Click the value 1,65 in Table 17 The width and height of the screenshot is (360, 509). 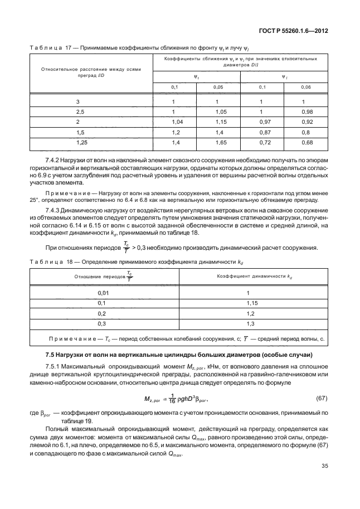221,143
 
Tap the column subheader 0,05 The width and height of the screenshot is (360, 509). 221,88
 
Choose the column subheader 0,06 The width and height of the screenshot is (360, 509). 306,88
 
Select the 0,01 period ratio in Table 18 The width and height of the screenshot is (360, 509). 102,292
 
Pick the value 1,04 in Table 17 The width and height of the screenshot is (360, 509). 178,122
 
